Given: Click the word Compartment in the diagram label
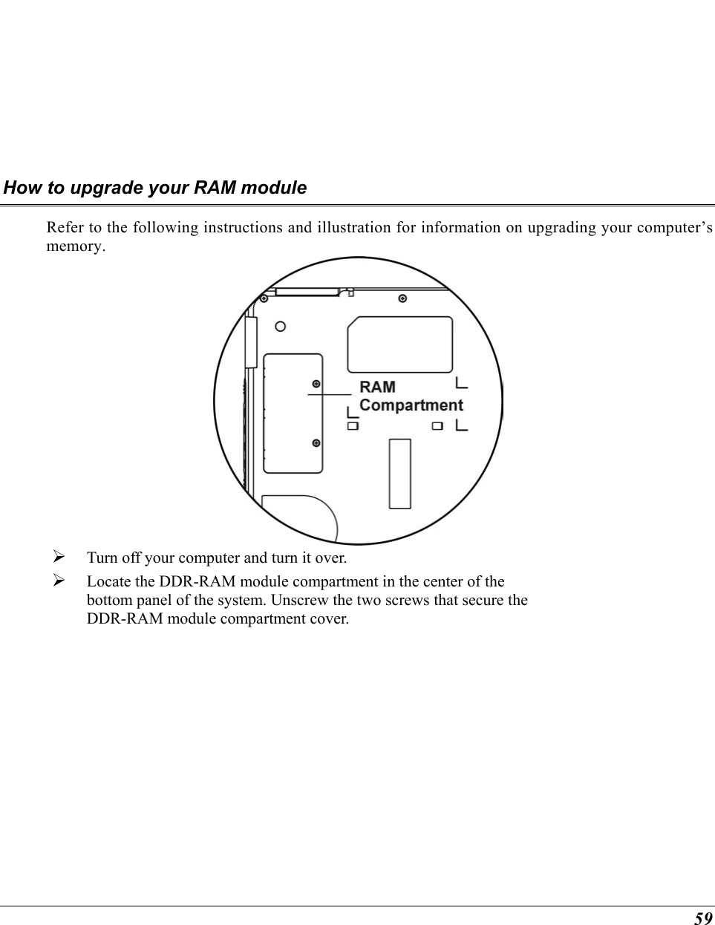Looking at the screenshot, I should (411, 405).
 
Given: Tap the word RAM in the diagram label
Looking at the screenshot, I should (377, 387).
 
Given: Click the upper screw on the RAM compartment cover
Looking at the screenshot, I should (316, 384).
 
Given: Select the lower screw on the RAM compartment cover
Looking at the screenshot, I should (316, 443).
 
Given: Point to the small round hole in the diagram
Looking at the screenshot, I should (281, 326).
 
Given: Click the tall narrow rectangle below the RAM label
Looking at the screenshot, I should (400, 474).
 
